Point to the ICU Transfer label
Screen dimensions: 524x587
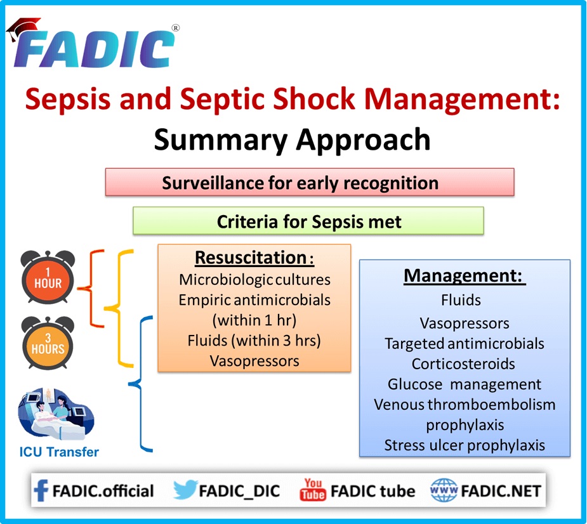click(58, 452)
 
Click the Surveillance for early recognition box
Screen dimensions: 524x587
click(309, 183)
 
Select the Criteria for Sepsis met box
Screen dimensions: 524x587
click(308, 222)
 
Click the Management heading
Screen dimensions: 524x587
click(465, 277)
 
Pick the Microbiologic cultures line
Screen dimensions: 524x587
click(254, 279)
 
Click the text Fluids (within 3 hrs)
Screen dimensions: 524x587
click(254, 340)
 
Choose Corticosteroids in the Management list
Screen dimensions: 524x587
click(463, 364)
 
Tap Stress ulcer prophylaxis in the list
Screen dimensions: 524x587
click(465, 445)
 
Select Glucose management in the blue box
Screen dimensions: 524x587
click(465, 384)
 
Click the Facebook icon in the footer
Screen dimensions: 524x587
click(41, 490)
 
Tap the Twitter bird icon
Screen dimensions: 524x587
click(184, 490)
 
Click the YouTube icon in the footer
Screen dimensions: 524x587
click(312, 490)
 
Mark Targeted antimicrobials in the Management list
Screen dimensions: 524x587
click(465, 343)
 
